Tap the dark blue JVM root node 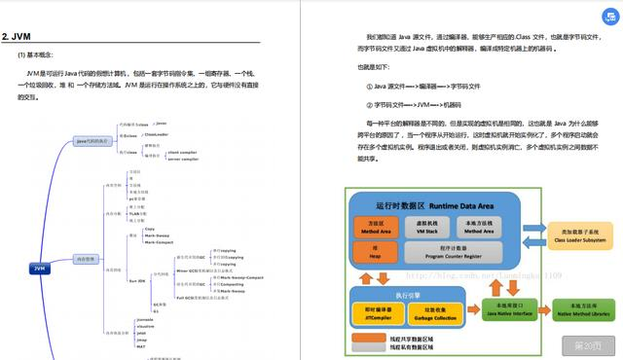(x=39, y=268)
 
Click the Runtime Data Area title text (x=428, y=206)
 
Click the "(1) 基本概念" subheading (x=40, y=54)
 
